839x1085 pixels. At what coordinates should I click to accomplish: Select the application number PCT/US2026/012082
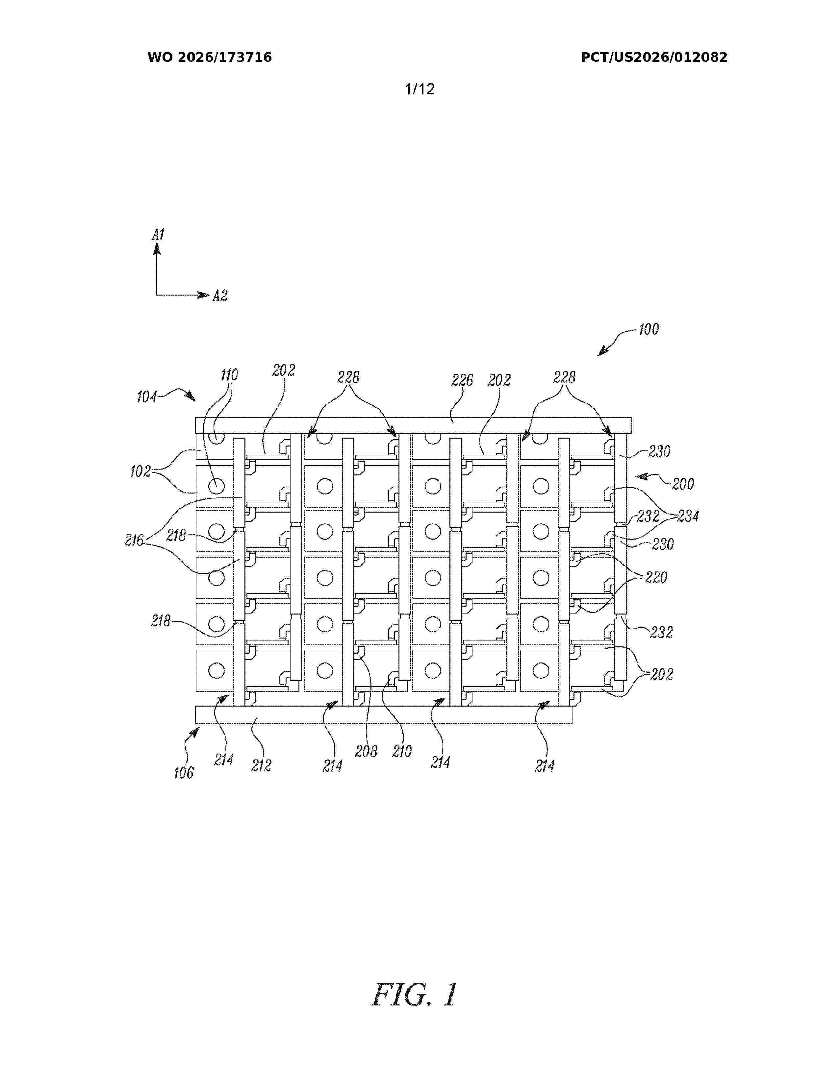pos(654,58)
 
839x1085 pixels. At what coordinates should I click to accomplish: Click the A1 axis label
pos(158,234)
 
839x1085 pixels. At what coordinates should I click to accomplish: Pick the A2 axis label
pos(220,296)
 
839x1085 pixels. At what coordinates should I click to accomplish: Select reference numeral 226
pos(462,380)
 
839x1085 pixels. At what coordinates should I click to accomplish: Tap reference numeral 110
pos(229,375)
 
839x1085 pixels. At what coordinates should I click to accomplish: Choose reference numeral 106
pos(183,773)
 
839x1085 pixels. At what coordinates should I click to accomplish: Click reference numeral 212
pos(261,765)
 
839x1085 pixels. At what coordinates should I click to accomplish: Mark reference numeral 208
pos(366,752)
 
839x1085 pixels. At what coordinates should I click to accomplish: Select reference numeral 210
pos(402,752)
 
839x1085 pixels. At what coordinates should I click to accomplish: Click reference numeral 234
pos(688,516)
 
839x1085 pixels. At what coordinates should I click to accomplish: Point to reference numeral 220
pos(656,577)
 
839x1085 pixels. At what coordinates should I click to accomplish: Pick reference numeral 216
pos(134,541)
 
